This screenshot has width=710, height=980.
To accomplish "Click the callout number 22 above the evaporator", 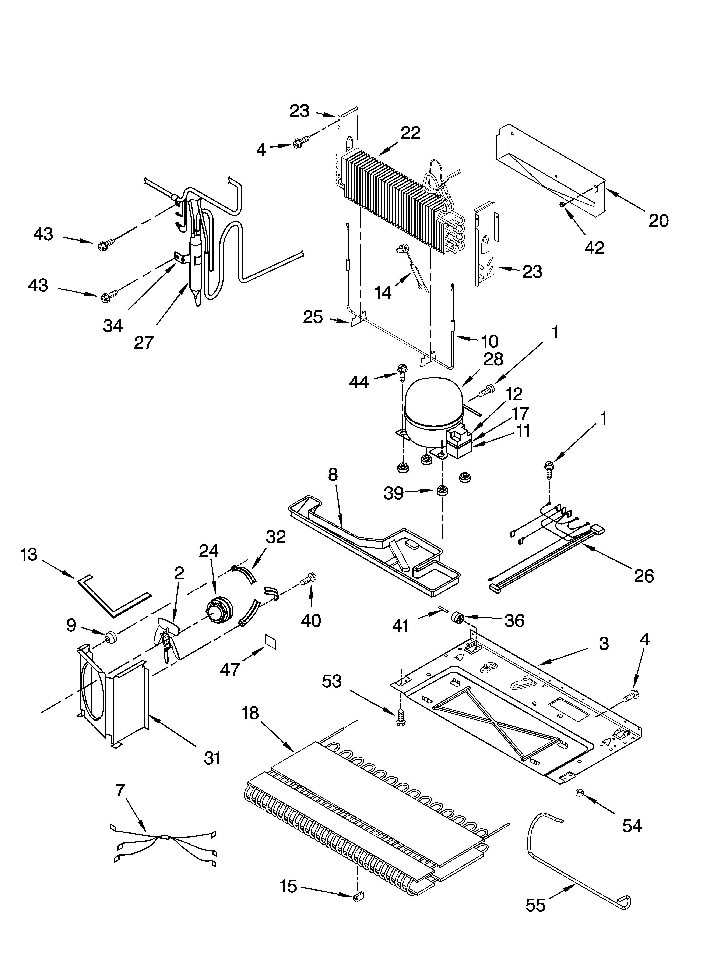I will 410,133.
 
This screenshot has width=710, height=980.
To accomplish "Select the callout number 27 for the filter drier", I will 144,342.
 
